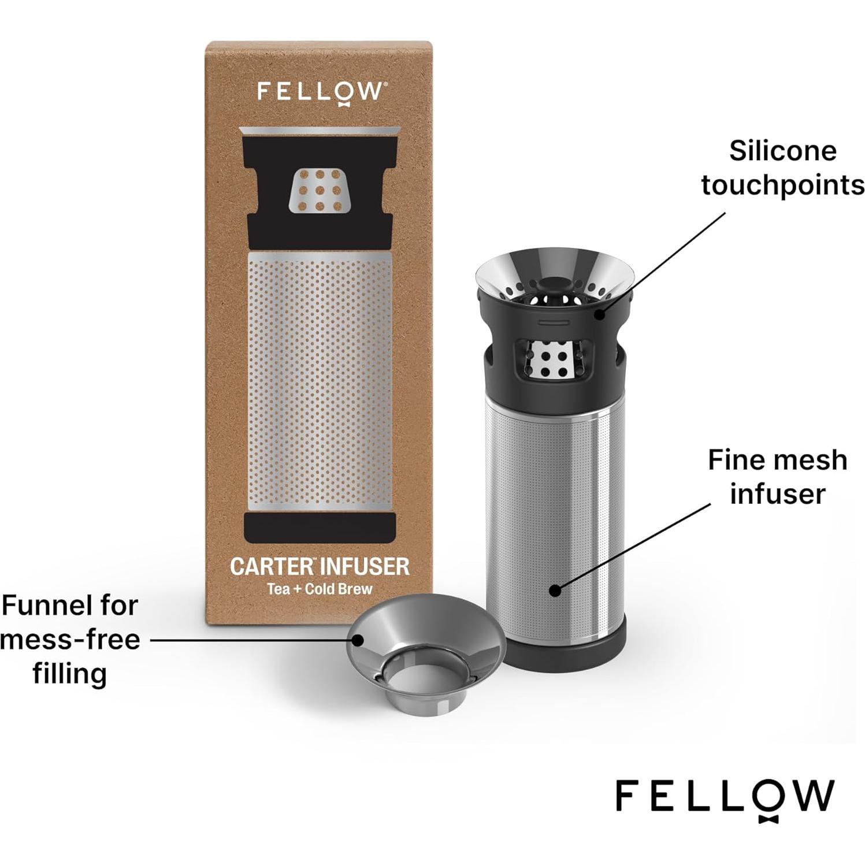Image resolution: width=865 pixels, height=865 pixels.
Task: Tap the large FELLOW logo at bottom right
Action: point(725,797)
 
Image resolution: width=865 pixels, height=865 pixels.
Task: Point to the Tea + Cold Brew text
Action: point(319,590)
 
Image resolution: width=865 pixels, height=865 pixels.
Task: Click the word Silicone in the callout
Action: point(782,151)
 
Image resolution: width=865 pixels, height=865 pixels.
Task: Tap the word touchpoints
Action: point(782,185)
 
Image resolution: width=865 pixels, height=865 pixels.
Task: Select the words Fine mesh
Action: point(777,461)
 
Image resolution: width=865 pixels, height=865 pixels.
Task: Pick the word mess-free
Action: point(70,640)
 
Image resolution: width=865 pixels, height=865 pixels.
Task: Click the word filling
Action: point(69,674)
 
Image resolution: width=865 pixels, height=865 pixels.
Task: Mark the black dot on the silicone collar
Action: point(600,314)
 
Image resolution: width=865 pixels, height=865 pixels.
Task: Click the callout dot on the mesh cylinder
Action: point(555,590)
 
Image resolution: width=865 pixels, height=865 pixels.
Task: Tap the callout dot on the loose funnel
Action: point(358,640)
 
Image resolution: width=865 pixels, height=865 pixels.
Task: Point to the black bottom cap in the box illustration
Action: point(320,528)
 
